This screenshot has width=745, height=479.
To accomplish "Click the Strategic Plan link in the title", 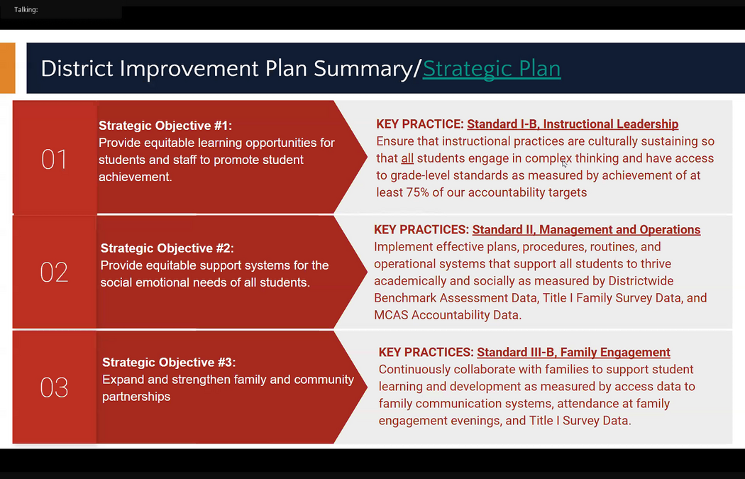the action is (491, 68).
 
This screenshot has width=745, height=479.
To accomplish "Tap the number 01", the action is (54, 159).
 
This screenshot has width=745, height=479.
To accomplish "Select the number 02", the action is (54, 272).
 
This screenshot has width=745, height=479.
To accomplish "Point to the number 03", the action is (54, 387).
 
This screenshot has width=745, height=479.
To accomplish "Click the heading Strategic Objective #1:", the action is (165, 126).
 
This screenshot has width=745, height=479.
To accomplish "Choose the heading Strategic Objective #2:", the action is (167, 248).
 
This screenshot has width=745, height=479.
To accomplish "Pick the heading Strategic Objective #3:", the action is (169, 362).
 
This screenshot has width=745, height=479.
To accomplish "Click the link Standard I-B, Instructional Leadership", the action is (573, 124).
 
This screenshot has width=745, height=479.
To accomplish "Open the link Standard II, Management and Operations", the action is (586, 229).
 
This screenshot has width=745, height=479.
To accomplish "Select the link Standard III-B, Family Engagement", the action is (573, 352).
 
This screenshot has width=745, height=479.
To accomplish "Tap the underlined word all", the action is (407, 158).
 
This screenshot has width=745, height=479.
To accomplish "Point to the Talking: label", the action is (26, 9).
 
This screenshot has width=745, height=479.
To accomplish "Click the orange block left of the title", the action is (8, 68).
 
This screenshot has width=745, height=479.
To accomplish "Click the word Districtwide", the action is (641, 281).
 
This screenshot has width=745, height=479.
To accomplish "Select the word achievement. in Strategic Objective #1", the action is (136, 177).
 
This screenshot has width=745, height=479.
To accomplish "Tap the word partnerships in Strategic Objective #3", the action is (136, 397).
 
